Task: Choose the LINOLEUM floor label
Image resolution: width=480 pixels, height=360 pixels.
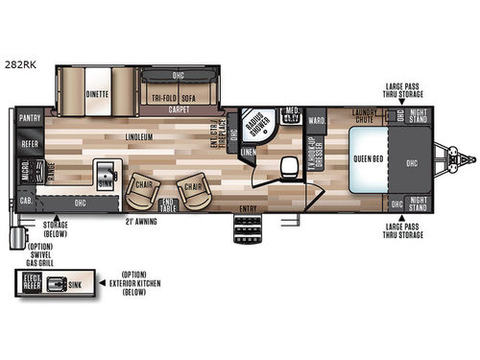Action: click(x=140, y=137)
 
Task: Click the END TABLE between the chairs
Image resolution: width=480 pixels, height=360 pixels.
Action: click(x=169, y=201)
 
